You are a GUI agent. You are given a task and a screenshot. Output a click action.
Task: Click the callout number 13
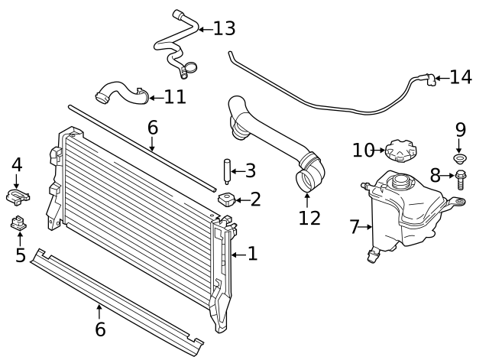click(224, 29)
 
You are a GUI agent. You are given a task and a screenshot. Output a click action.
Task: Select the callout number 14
click(461, 77)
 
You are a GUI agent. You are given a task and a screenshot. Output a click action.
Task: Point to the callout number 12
click(309, 219)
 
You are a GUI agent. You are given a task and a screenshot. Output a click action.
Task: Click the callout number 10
click(363, 150)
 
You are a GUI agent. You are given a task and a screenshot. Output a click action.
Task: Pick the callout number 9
click(460, 129)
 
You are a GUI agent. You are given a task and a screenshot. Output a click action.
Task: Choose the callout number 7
click(354, 227)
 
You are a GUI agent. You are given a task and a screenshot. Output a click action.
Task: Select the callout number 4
click(17, 164)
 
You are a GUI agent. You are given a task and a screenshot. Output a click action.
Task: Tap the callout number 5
click(21, 255)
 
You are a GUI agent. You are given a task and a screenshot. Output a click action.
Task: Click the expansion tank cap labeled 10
click(400, 150)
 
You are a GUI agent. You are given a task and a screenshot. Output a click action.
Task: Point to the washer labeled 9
click(460, 159)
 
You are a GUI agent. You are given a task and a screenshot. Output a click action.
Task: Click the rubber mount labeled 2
click(227, 200)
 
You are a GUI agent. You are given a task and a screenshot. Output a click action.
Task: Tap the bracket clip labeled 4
click(18, 196)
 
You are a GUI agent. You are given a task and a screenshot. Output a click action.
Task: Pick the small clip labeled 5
click(20, 224)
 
